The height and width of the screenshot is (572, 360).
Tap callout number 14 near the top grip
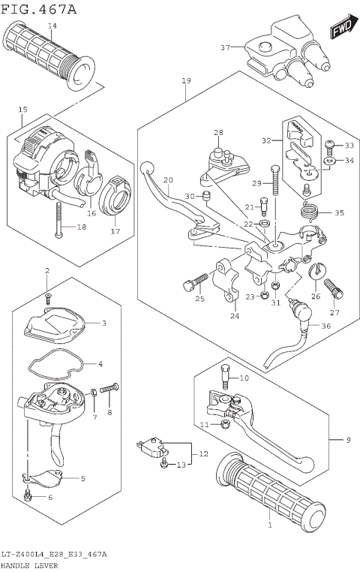pyautogui.click(x=52, y=26)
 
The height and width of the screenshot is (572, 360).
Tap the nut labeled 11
pyautogui.click(x=226, y=425)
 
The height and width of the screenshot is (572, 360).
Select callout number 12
pyautogui.click(x=202, y=454)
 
